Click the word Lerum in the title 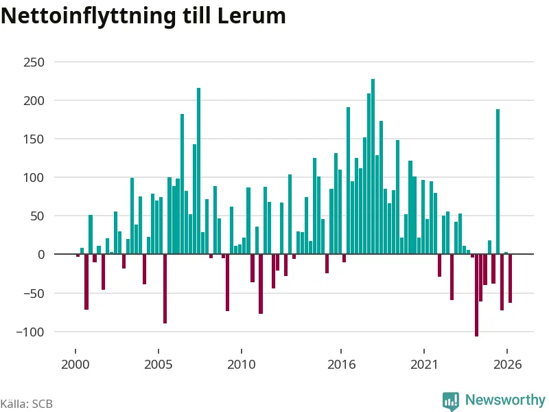coord(251,16)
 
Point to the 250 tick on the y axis coord(34,62)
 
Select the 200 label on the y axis coord(34,101)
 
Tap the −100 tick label coord(30,332)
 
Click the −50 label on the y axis coord(34,293)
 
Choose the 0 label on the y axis coord(41,255)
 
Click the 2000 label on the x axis coord(75,365)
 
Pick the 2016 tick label coord(341,365)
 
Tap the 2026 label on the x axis coord(507,365)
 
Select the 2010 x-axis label coord(242,365)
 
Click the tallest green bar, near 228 coord(373,166)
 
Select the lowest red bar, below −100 coord(476,295)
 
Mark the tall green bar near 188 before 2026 coord(498,181)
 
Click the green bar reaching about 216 coord(198,171)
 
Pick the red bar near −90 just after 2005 coord(165,288)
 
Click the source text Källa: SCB coord(27,404)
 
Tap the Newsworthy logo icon coord(451,400)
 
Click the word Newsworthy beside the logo coord(505,400)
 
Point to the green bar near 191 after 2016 coord(349,181)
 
